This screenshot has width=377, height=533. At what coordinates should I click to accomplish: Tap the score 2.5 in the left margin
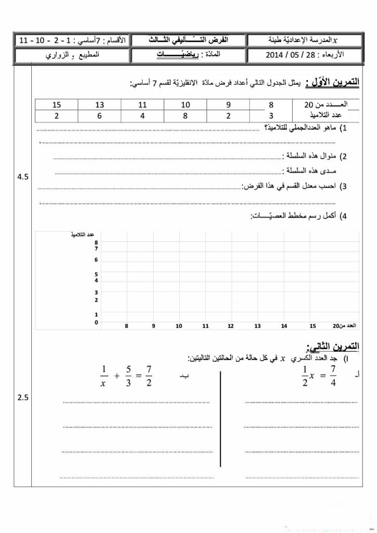(23, 398)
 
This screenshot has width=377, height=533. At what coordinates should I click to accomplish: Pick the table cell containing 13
(100, 105)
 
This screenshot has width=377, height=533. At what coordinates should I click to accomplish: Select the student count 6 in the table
(100, 116)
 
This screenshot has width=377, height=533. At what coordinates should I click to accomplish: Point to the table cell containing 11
(143, 105)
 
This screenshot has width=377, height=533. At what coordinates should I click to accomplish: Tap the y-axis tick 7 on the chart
(96, 249)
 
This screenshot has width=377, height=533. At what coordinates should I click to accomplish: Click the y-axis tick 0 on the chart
(96, 323)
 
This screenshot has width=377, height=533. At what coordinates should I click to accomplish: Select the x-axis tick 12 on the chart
(231, 326)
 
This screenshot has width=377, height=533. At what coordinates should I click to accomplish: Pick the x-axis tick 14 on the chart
(284, 326)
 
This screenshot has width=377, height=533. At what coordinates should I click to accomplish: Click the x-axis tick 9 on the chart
(154, 326)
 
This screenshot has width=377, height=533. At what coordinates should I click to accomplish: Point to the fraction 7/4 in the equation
(334, 377)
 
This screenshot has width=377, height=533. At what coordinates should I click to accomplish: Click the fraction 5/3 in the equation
(126, 376)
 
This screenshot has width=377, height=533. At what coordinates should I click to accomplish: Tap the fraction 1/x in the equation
(103, 376)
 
